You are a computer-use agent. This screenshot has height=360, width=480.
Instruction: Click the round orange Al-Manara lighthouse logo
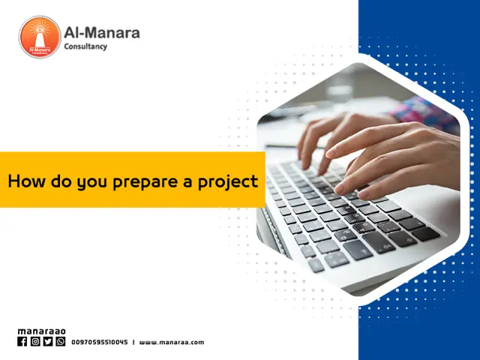tap(40, 37)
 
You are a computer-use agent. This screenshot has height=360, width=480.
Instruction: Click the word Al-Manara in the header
tap(101, 32)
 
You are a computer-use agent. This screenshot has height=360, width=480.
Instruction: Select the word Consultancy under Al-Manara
tap(85, 46)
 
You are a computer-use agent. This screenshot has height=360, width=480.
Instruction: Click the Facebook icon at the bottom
tap(22, 341)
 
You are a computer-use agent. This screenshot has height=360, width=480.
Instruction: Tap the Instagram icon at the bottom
tap(35, 341)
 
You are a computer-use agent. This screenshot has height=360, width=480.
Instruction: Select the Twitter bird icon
tap(48, 341)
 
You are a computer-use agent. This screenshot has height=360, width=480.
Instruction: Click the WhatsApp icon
tap(61, 341)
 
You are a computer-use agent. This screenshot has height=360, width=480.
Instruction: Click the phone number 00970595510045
tap(100, 342)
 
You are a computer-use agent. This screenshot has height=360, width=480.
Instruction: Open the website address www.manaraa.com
tap(171, 342)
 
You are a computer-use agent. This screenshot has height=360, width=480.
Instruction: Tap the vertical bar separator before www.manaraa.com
tap(133, 342)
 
